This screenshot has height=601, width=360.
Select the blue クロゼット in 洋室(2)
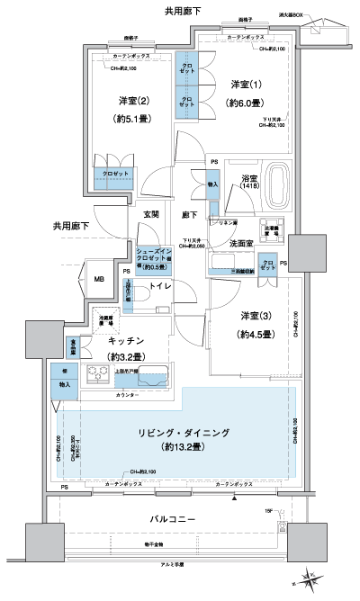click(x=113, y=173)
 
